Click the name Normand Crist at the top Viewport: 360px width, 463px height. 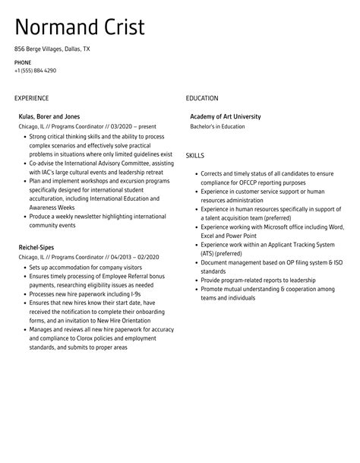tap(80, 28)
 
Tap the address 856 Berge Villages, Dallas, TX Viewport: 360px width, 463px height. tap(52, 48)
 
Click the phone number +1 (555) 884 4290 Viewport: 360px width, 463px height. tap(35, 71)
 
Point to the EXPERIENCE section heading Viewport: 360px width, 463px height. tap(31, 98)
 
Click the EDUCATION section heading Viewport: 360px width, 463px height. tap(202, 98)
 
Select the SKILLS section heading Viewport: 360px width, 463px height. tap(195, 155)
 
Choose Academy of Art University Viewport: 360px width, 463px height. tap(225, 116)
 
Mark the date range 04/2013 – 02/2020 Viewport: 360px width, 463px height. tap(121, 257)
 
